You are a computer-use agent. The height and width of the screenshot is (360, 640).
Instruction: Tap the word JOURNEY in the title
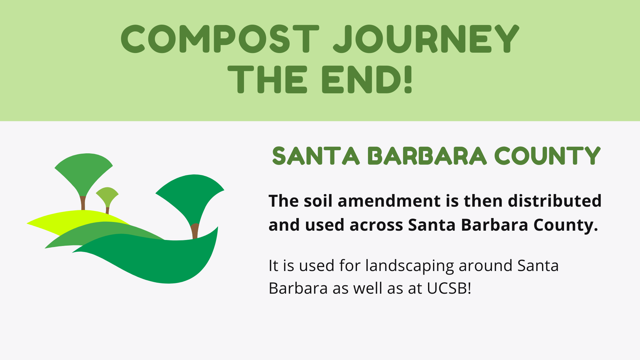[426, 39]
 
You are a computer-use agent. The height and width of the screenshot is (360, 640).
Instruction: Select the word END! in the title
[367, 79]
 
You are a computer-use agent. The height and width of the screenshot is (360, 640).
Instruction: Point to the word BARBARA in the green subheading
[427, 156]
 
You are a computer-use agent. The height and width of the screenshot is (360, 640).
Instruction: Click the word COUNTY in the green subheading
[547, 156]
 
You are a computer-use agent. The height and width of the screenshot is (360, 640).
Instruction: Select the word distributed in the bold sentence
[555, 201]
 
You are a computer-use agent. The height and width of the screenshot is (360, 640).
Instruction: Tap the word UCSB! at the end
[449, 288]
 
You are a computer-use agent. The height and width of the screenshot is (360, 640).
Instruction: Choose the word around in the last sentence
[486, 266]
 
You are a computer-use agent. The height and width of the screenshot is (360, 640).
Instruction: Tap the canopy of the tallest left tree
[83, 172]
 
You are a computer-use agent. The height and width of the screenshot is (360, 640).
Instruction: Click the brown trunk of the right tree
[195, 231]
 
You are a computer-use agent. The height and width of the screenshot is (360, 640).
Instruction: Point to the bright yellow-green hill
[67, 221]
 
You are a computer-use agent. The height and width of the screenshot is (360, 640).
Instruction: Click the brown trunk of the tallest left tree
[83, 203]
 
